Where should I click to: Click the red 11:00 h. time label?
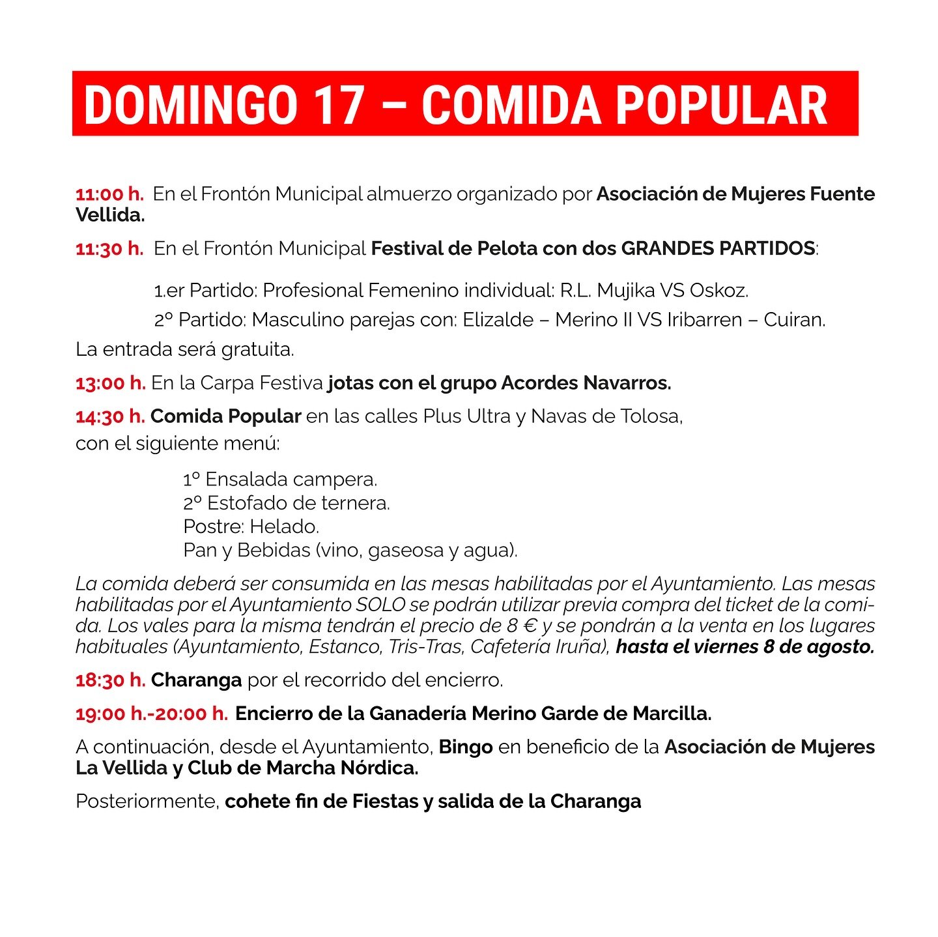(x=109, y=194)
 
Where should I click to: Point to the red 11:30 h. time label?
(x=109, y=249)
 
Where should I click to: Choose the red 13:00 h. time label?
(x=110, y=383)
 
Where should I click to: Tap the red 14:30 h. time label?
(x=110, y=416)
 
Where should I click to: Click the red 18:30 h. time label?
(x=110, y=680)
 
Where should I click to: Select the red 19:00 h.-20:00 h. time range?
(x=152, y=714)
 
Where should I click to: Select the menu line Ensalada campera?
(x=280, y=480)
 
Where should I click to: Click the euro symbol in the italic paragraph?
(x=530, y=626)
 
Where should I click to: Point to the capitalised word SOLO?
(x=380, y=605)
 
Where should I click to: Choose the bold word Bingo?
(x=466, y=747)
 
